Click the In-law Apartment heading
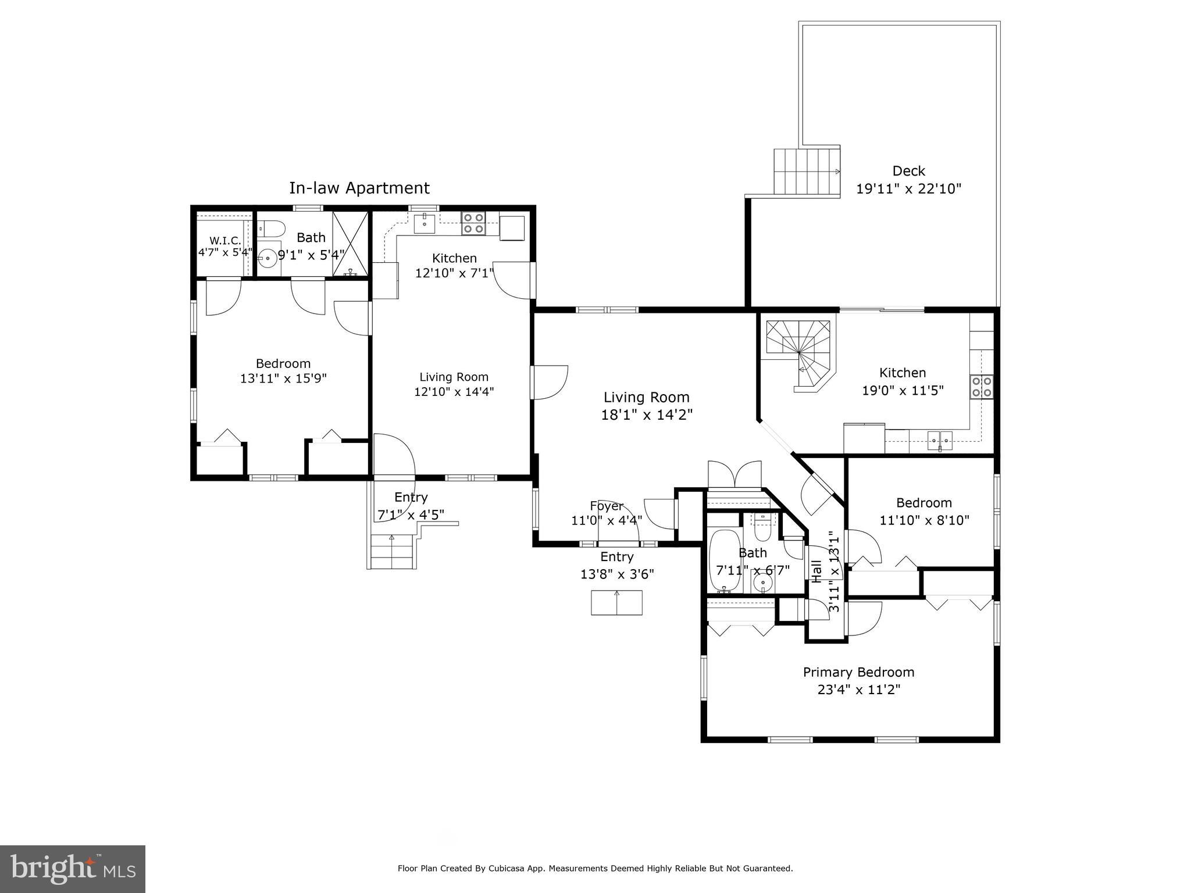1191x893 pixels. [x=359, y=188]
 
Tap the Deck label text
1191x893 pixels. [x=908, y=171]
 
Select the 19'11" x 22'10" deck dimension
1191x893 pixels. [x=908, y=189]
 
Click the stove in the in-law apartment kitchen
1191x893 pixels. [x=473, y=223]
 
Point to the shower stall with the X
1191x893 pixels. [x=350, y=244]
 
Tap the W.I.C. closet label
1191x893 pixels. [x=225, y=241]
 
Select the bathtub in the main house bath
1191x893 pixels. [x=724, y=562]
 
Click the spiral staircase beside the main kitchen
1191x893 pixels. [x=799, y=355]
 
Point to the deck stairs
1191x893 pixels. [x=807, y=172]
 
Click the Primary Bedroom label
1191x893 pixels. [x=858, y=673]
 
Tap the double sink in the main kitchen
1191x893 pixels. [x=940, y=441]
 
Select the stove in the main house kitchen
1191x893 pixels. [x=981, y=387]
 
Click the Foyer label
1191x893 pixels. [x=607, y=506]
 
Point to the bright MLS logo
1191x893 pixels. [x=73, y=869]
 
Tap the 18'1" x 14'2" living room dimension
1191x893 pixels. [x=647, y=415]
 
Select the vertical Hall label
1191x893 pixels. [x=816, y=571]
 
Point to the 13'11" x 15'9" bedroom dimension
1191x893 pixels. [x=283, y=378]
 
